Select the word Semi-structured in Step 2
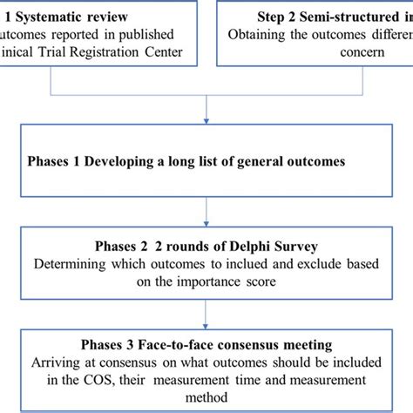349,16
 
